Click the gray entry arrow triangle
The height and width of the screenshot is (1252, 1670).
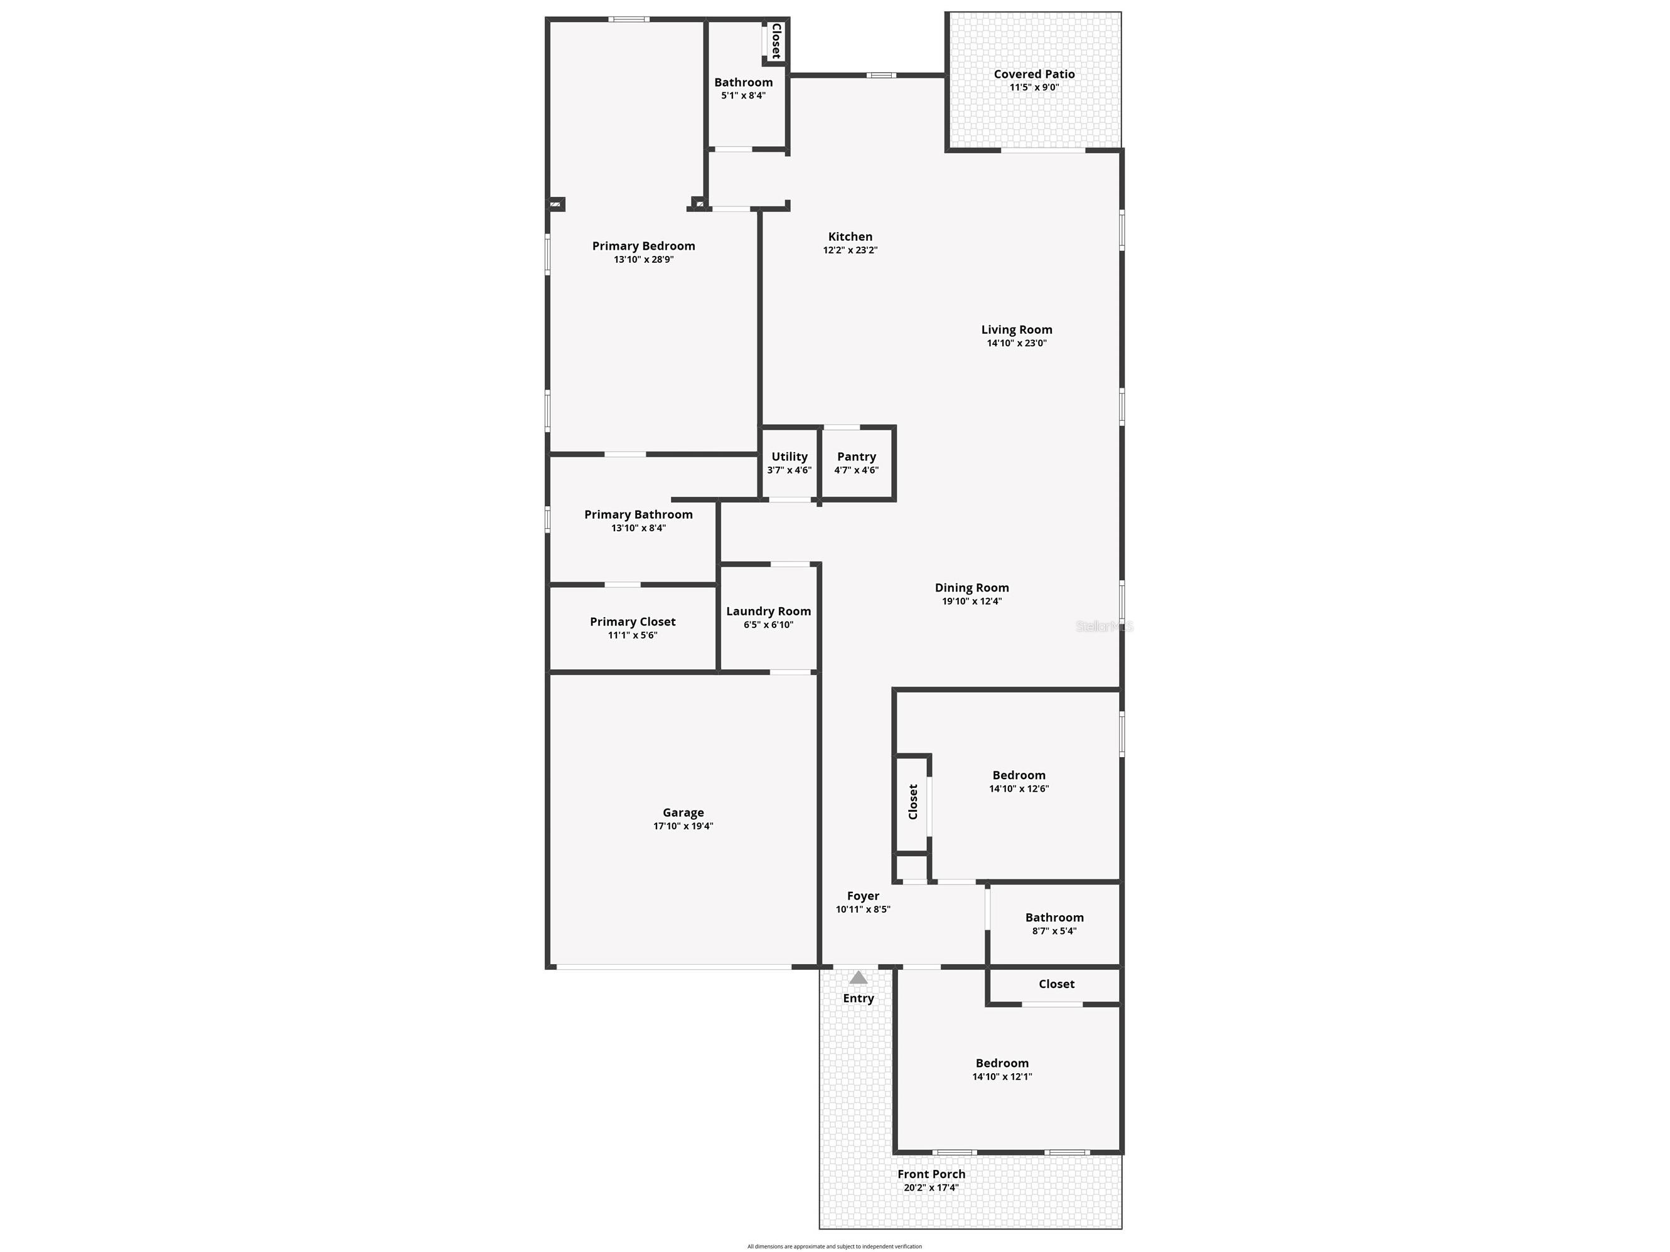[858, 977]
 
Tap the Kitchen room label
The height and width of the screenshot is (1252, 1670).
[850, 237]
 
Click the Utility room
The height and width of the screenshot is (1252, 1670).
[790, 464]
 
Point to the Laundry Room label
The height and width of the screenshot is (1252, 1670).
[769, 612]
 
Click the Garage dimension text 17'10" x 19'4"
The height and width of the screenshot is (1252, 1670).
[683, 826]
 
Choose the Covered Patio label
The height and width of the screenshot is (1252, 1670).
[1034, 74]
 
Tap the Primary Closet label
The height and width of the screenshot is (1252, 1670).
[633, 622]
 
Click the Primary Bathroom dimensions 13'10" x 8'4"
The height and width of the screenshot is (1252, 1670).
[639, 528]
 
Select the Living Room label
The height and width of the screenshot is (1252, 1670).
[1017, 330]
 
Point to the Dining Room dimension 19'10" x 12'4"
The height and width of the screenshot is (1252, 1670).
[971, 602]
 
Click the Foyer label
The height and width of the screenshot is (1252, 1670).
[863, 896]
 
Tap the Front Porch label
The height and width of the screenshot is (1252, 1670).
[931, 1174]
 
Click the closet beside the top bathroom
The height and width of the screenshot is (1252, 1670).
[775, 41]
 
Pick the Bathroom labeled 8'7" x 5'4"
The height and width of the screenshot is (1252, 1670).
[1055, 924]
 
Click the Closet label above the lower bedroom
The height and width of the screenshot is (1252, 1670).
[1057, 984]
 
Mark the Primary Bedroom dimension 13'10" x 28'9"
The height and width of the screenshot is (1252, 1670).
[644, 260]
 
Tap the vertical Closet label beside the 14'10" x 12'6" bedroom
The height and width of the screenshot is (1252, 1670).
[913, 802]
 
